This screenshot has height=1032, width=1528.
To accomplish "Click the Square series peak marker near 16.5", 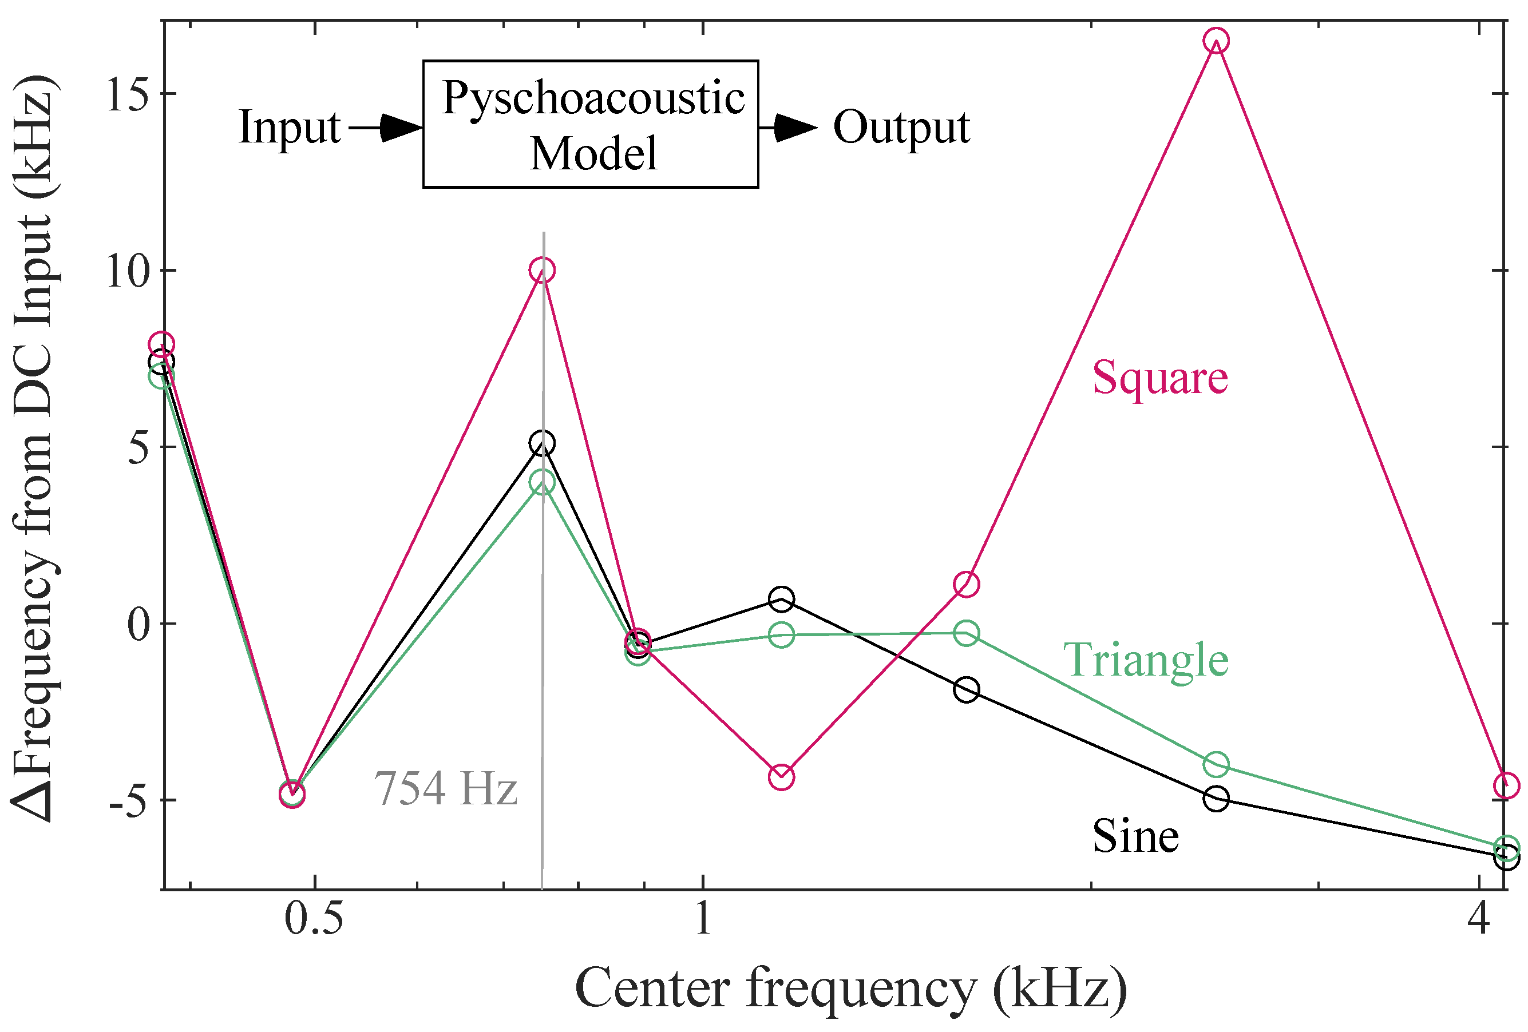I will click(x=1216, y=41).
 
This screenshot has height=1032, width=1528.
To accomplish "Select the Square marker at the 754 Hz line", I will click(x=542, y=270).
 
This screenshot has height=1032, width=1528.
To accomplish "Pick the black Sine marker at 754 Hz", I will click(x=542, y=444).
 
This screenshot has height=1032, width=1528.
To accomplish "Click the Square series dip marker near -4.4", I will click(x=781, y=777).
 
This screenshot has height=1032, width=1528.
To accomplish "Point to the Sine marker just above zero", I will click(x=781, y=599).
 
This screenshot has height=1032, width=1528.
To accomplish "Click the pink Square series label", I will click(x=1160, y=378).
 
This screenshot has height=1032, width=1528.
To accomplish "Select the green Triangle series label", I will click(x=1145, y=660).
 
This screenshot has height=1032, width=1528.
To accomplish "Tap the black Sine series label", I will click(x=1135, y=837).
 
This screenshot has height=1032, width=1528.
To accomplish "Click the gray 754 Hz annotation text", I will click(x=446, y=788).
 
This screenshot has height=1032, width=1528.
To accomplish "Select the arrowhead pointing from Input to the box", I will click(x=401, y=128).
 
